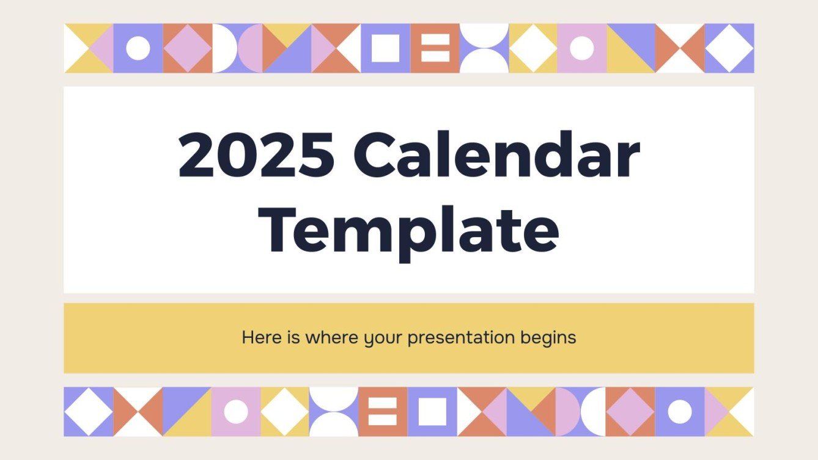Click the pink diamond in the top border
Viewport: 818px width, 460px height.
click(187, 48)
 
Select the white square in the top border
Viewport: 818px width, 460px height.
click(385, 48)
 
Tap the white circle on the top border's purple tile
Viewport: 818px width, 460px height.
click(138, 48)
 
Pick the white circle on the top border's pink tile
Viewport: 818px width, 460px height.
click(581, 48)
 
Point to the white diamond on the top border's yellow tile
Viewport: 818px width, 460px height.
click(532, 48)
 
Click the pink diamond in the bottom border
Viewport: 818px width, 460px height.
click(630, 412)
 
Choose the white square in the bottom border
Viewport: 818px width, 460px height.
click(432, 412)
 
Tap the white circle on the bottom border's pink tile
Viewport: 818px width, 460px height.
click(236, 412)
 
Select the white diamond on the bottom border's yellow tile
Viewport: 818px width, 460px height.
click(285, 412)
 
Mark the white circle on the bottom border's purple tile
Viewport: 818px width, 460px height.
click(680, 412)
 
